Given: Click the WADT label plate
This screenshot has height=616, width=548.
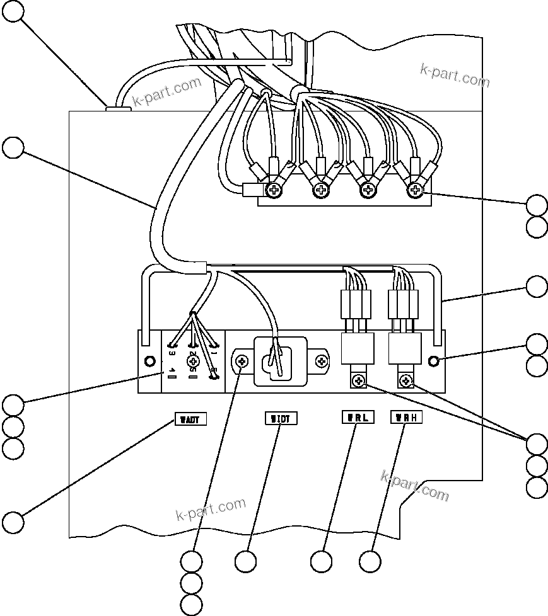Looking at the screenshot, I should click(190, 419).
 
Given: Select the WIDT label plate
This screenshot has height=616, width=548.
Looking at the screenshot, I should click(279, 418).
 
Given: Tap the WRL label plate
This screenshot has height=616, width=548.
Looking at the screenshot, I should click(358, 417).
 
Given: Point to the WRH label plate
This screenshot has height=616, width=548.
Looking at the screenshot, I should click(406, 417).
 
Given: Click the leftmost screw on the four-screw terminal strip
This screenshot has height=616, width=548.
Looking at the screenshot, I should click(274, 189).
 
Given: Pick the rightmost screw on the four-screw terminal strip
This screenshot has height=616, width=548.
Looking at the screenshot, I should click(414, 189).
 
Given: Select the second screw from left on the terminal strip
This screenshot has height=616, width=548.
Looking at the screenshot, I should click(321, 189).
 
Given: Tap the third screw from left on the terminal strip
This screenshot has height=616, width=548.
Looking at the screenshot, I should click(368, 189).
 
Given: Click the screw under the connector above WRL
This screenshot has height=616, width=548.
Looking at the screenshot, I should click(358, 380).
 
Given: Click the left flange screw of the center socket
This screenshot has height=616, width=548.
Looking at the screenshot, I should click(243, 362).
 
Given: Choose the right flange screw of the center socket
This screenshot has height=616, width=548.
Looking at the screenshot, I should click(322, 362).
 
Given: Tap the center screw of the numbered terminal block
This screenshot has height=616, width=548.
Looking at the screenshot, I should click(193, 361).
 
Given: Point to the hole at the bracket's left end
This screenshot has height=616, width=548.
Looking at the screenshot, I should click(150, 361).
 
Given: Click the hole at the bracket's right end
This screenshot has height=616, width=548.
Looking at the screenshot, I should click(434, 361).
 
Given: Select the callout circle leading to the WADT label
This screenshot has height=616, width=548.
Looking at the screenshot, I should click(13, 522).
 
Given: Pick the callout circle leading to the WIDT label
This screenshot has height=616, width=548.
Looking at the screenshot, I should click(246, 561).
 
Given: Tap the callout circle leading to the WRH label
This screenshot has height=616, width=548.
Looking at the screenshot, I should click(371, 561).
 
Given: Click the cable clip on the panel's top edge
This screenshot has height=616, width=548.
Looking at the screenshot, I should click(118, 108).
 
